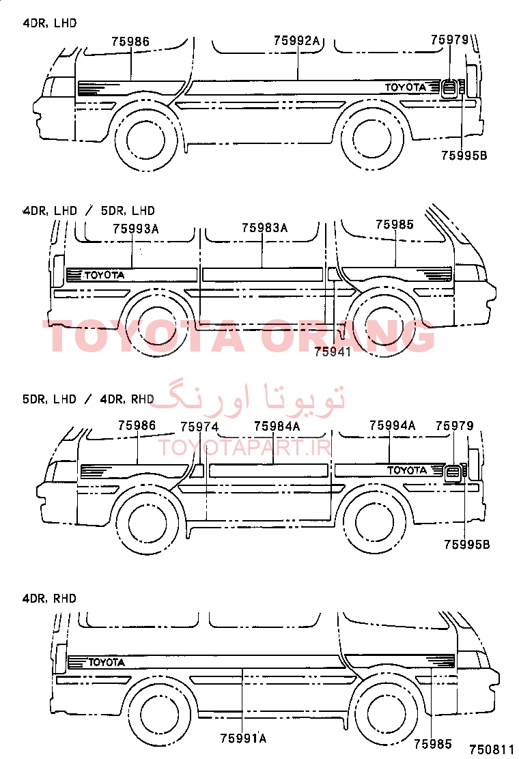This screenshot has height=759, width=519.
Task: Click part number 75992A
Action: point(297,41)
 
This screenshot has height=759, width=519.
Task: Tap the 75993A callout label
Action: point(136,229)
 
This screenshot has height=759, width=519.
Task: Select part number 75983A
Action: point(265,227)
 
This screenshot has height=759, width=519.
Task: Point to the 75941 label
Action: point(332,352)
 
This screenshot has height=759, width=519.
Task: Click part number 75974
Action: point(199,427)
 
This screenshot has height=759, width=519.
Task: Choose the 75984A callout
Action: point(277,426)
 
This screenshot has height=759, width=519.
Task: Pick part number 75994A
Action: point(392,425)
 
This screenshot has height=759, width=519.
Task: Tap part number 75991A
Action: point(243,739)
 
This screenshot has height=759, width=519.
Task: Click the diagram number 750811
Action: point(492,749)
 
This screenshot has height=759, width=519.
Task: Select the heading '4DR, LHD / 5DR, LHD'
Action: point(89,210)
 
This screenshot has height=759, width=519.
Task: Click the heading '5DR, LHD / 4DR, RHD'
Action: point(88,399)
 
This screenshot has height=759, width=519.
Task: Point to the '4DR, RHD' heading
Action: point(49,599)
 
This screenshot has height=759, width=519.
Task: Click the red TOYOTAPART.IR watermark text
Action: point(244,448)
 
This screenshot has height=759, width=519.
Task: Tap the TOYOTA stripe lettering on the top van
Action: point(406,87)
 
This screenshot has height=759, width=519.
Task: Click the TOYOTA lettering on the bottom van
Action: point(107,661)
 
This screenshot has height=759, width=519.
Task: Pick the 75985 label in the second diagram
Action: point(395,225)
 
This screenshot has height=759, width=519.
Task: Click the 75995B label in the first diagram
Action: point(464,156)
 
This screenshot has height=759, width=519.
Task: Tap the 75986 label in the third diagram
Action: point(137,425)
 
